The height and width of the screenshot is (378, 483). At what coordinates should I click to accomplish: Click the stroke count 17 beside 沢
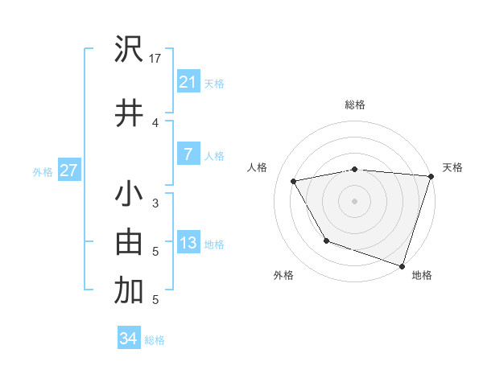[x=156, y=58]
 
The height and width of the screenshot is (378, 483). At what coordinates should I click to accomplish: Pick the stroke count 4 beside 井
[x=155, y=122]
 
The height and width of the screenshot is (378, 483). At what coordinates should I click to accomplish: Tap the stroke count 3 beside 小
[x=155, y=203]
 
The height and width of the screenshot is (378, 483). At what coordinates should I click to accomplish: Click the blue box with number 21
[x=188, y=82]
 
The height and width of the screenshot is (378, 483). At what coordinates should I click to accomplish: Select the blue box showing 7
[x=188, y=154]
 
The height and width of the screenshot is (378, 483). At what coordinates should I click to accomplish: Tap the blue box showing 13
[x=188, y=243]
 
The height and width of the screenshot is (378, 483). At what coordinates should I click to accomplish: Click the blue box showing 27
[x=68, y=171]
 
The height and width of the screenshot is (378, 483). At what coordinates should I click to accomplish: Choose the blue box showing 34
[x=128, y=339]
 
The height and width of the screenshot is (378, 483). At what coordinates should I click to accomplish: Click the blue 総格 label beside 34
[x=155, y=340]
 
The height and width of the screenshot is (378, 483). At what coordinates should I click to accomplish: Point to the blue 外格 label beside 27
[x=43, y=171]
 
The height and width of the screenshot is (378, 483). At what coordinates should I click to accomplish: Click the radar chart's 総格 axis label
[x=355, y=105]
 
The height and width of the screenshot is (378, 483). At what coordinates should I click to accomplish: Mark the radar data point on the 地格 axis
[x=402, y=265]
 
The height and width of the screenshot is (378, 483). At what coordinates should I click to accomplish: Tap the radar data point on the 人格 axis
[x=294, y=181]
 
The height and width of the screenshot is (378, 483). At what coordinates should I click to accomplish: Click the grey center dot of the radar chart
[x=355, y=200]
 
